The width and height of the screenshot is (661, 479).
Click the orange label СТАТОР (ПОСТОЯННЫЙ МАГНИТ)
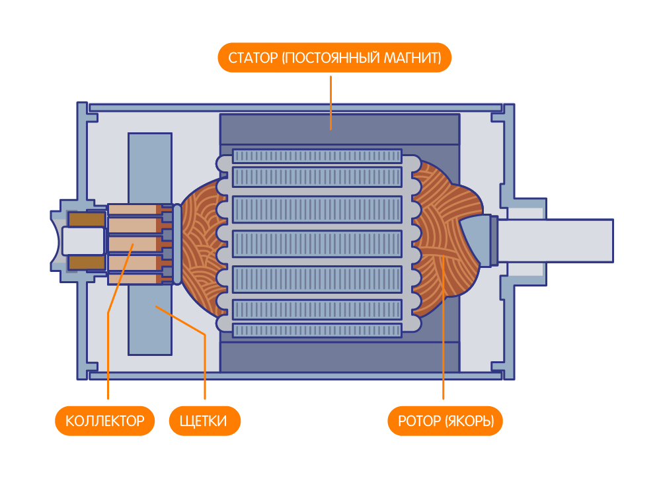(334, 58)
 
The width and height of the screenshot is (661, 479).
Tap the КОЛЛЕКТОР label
(105, 421)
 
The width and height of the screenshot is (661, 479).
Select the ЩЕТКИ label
(205, 421)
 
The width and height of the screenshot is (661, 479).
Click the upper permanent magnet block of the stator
(340, 129)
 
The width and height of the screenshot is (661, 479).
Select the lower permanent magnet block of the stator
(340, 357)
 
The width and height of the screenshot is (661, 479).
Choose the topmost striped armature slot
(317, 157)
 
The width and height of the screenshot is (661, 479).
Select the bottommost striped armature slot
(317, 330)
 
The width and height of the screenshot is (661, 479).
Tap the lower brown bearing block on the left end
(86, 263)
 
